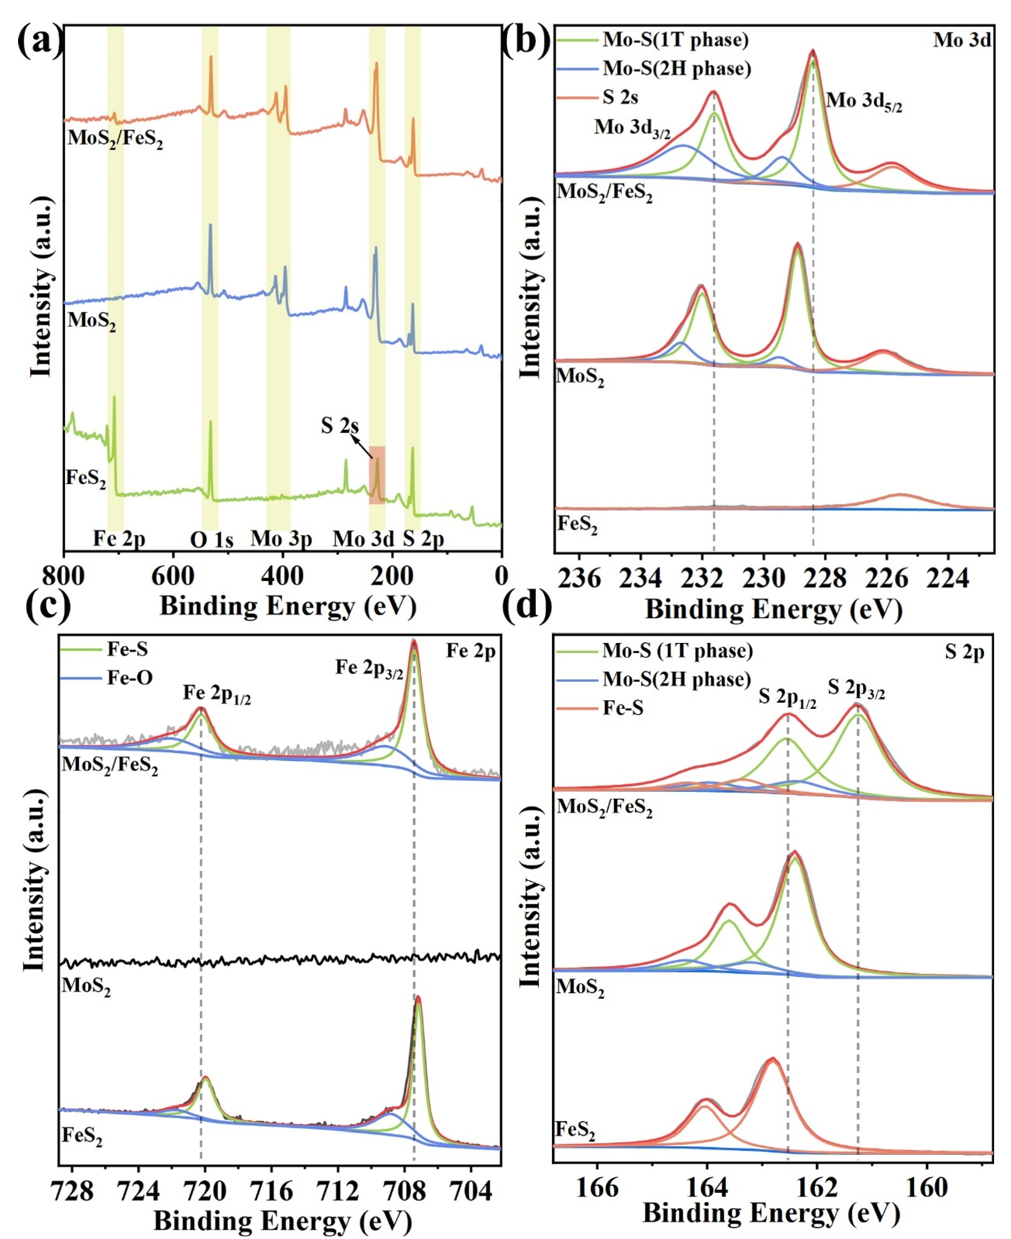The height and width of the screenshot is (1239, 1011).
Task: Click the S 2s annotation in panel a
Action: coord(340,426)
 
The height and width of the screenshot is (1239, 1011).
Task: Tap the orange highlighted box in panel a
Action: coord(377,475)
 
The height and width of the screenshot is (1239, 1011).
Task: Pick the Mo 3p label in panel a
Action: coord(281,539)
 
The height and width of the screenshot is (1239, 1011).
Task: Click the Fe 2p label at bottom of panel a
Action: coord(119,539)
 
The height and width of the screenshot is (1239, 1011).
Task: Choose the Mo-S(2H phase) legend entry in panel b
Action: coord(676,69)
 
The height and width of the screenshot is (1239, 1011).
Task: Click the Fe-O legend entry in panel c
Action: coord(129,677)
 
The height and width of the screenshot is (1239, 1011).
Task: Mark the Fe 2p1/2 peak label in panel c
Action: coord(217,694)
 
